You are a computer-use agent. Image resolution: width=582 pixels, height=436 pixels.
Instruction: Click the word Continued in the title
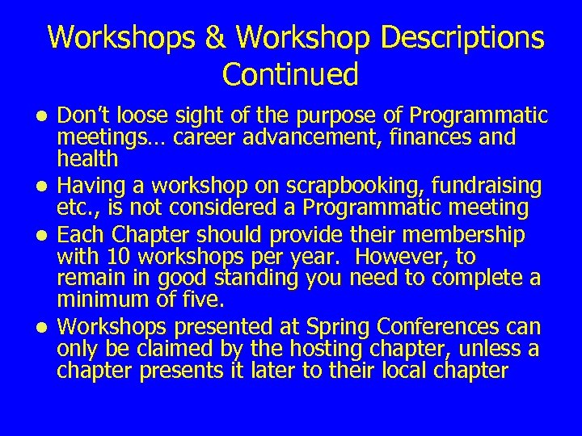click(x=290, y=75)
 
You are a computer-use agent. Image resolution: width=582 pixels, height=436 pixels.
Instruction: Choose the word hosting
click(x=334, y=349)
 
